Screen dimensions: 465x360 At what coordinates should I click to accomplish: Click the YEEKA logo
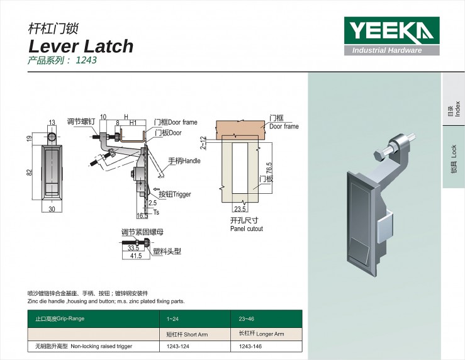[x=392, y=36]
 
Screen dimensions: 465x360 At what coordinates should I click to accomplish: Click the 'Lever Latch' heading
[x=81, y=47]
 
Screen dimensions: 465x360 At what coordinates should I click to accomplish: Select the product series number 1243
[x=86, y=60]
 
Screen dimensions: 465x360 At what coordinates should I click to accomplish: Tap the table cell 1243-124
[x=178, y=346]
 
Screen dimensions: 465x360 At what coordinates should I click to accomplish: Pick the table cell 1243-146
[x=250, y=346]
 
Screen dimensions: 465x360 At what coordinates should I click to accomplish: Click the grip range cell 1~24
[x=172, y=319]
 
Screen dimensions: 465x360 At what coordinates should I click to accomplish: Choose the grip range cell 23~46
[x=247, y=319]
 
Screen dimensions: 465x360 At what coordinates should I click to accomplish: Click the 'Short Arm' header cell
[x=187, y=334]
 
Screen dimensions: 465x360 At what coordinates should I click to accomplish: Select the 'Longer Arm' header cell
[x=262, y=334]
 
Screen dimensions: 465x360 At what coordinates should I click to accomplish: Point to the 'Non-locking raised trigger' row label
[x=84, y=346]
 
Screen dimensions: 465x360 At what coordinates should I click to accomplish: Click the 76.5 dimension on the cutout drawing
[x=269, y=168]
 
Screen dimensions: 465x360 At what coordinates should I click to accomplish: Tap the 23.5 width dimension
[x=240, y=209]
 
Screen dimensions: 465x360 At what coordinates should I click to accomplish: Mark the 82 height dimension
[x=29, y=172]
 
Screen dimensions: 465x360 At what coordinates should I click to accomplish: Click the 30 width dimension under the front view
[x=52, y=209]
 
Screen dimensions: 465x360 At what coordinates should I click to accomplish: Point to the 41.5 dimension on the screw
[x=136, y=256]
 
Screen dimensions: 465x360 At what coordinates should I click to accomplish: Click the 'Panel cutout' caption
[x=247, y=228]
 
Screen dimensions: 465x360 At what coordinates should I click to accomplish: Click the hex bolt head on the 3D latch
[x=379, y=156]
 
